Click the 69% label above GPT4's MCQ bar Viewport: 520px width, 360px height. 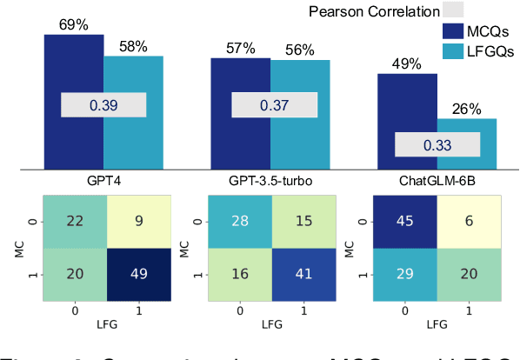tap(72, 25)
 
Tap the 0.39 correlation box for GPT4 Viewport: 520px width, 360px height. tap(103, 105)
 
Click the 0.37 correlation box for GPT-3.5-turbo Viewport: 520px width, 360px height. tap(273, 105)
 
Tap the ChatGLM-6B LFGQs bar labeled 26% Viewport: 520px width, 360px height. tap(466, 125)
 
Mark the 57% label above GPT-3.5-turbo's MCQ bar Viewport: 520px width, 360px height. tap(238, 49)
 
